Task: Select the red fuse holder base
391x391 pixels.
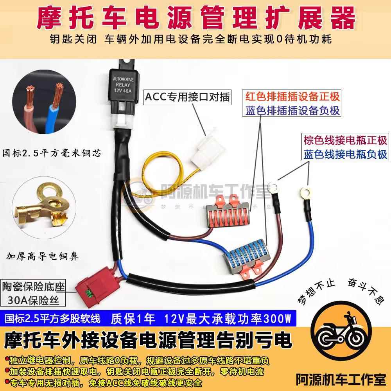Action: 95,283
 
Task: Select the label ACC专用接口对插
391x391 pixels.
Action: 187,96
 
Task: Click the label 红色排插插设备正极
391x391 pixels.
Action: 292,96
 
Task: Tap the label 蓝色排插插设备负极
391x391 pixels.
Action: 292,110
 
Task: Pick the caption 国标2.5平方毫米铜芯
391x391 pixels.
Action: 51,152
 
